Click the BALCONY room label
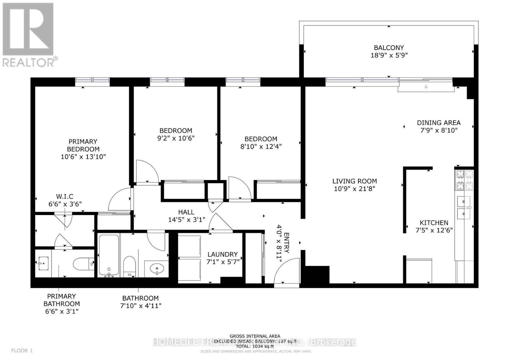click(x=388, y=48)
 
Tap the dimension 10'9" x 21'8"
click(x=354, y=189)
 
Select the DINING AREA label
click(x=438, y=122)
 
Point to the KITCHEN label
click(x=434, y=223)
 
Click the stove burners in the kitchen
click(x=465, y=180)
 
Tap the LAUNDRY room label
click(x=222, y=254)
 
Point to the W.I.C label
click(x=65, y=197)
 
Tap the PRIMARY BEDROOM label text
click(x=83, y=145)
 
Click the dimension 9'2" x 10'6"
click(x=176, y=138)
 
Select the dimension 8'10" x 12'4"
click(x=261, y=147)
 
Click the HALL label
click(x=186, y=212)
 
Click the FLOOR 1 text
click(x=22, y=350)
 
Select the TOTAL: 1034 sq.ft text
click(x=255, y=346)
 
